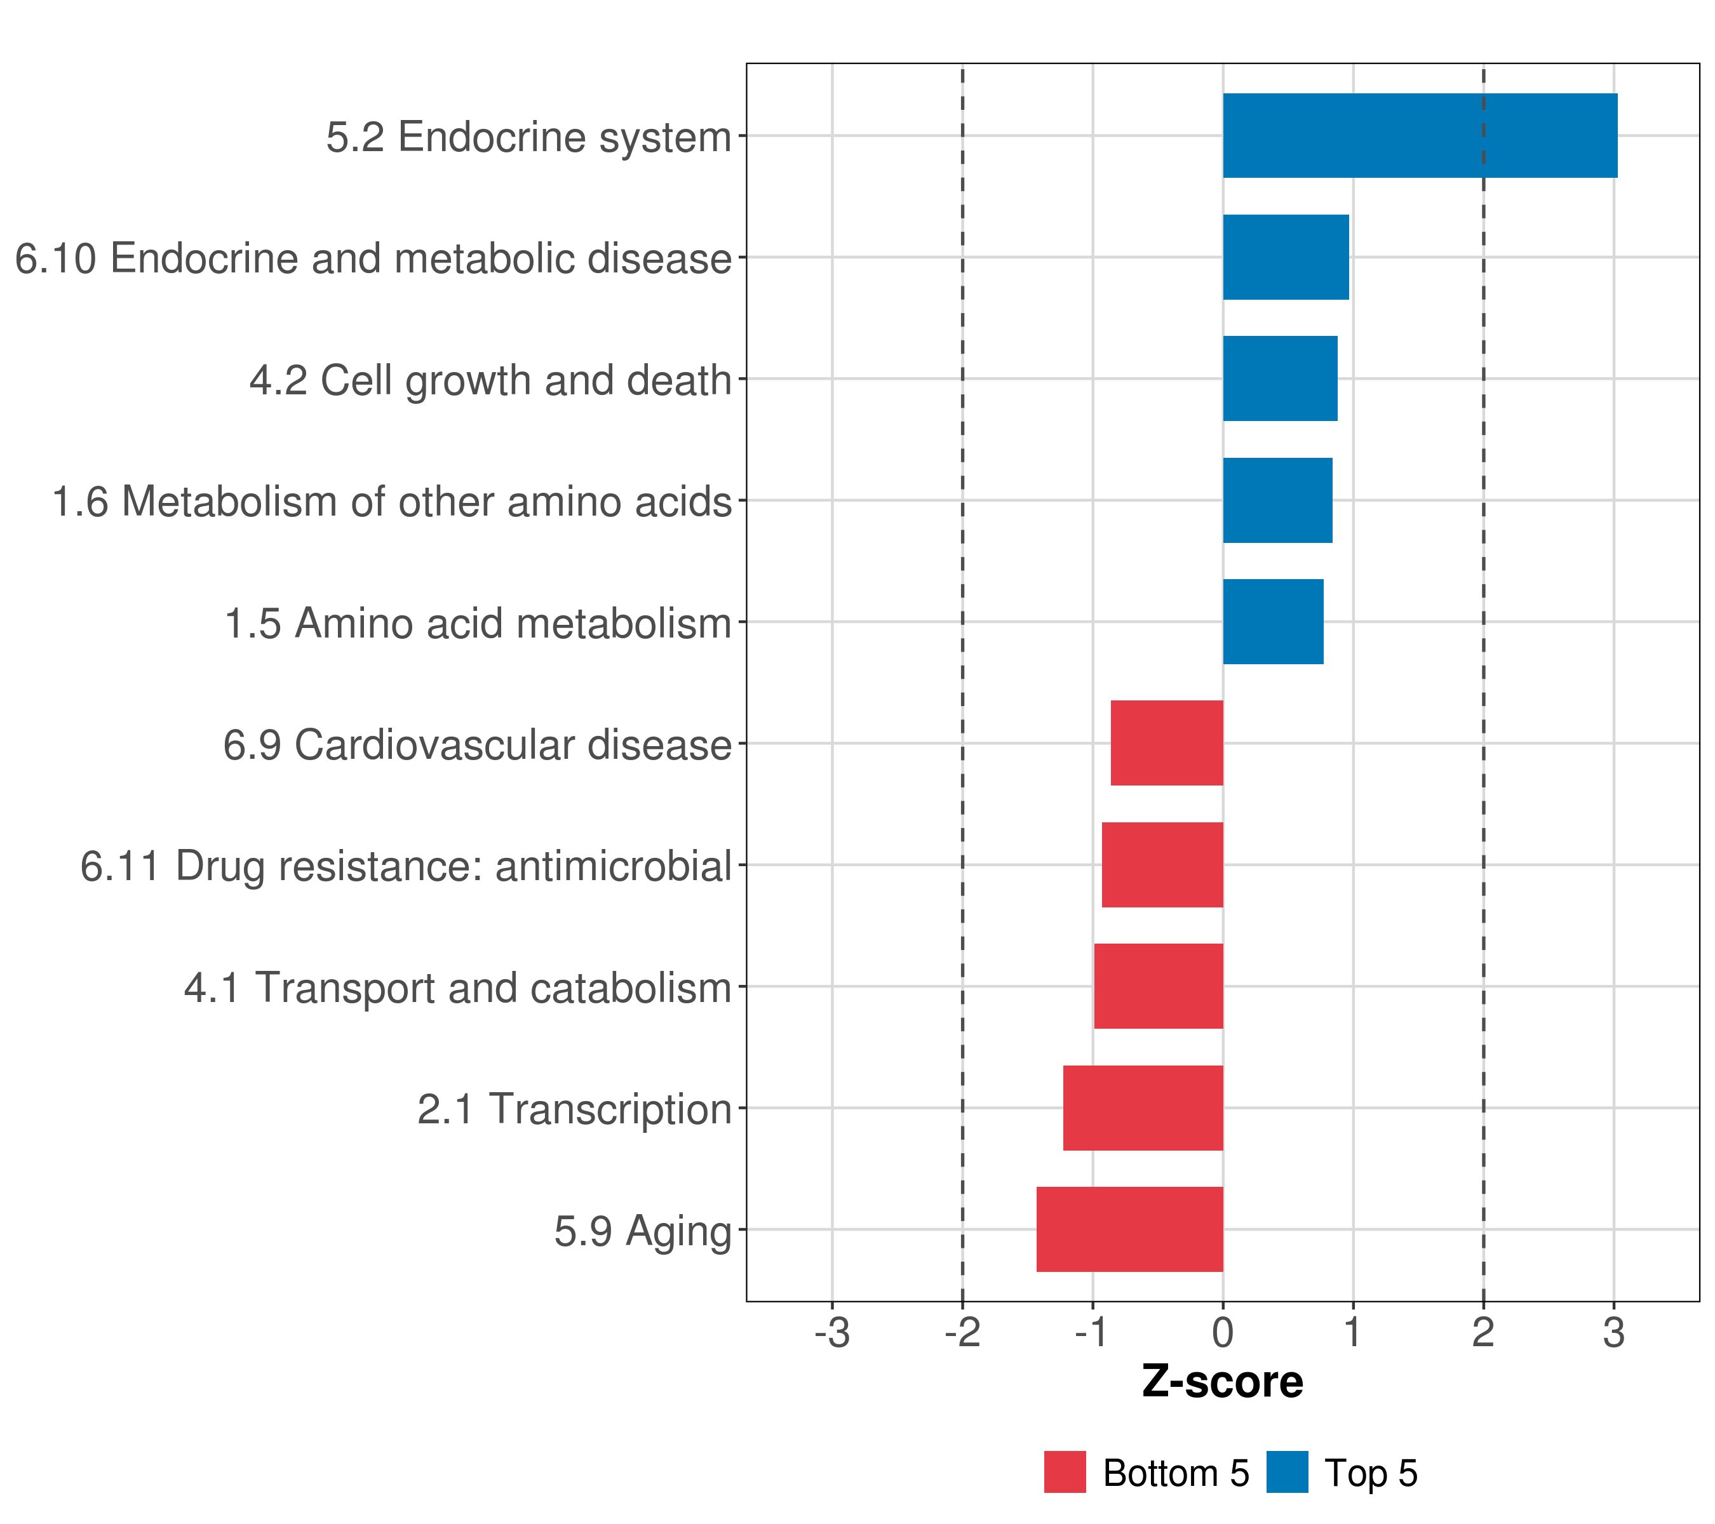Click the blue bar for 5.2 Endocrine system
click(x=1420, y=136)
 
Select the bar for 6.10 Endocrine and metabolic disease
click(x=1286, y=258)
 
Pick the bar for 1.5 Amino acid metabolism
click(x=1273, y=622)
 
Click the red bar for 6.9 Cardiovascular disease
click(x=1166, y=743)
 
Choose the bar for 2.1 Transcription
click(x=1143, y=1108)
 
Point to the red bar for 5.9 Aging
click(x=1129, y=1229)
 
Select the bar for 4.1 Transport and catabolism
click(x=1158, y=986)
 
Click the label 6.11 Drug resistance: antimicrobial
click(x=406, y=866)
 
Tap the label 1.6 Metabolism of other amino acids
click(x=392, y=502)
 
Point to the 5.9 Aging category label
click(x=643, y=1231)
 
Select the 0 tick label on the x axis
click(x=1223, y=1333)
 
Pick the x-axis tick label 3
click(x=1613, y=1333)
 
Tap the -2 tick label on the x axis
click(x=962, y=1333)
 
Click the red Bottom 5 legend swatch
click(x=1065, y=1472)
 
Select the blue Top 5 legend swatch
click(x=1287, y=1472)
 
